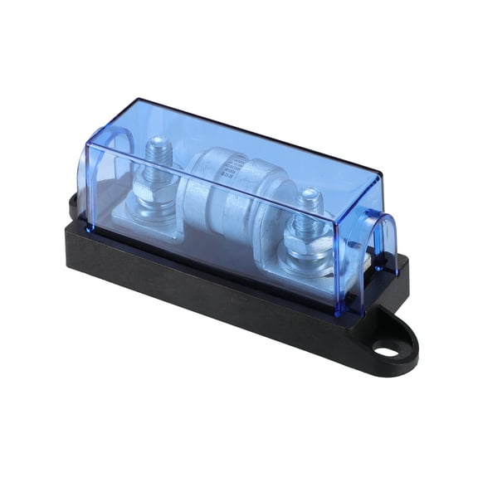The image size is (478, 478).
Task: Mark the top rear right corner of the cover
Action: click(x=381, y=176)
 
